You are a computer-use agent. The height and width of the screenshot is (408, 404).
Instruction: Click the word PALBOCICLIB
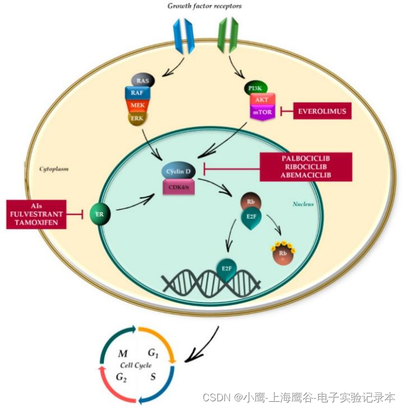click(306, 159)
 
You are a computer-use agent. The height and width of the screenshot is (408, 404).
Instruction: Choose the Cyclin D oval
click(179, 170)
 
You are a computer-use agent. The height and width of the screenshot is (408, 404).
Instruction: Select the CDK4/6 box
click(179, 186)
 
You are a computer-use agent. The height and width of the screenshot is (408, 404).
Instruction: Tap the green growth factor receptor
click(227, 34)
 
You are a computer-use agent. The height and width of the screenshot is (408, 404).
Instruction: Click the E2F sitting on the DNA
click(227, 270)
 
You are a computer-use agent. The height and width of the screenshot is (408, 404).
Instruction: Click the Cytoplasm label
click(54, 168)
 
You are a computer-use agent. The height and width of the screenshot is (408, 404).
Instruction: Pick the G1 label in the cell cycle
click(153, 353)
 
